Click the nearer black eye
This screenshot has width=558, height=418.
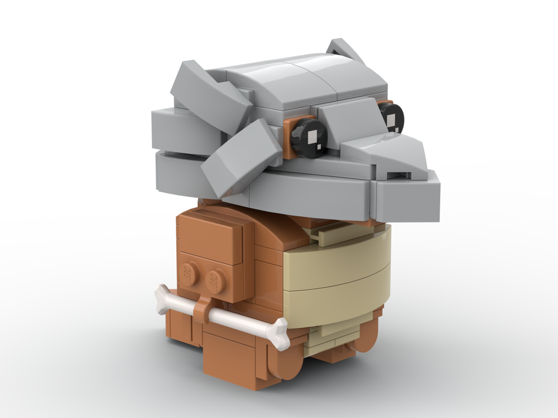pyautogui.click(x=308, y=137)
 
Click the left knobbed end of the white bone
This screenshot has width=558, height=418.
pyautogui.click(x=162, y=294)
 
